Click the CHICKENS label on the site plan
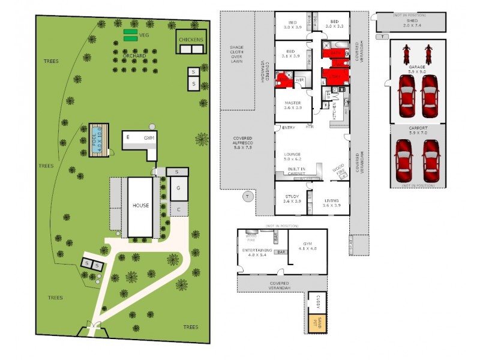tap(191, 40)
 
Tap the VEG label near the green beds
tap(143, 35)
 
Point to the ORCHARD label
tap(134, 56)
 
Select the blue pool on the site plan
tap(97, 140)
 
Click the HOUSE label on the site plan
tap(140, 205)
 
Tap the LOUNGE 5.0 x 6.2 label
tap(292, 157)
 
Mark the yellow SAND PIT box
tap(315, 324)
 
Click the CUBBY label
tap(315, 304)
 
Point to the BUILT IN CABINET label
tap(295, 171)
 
